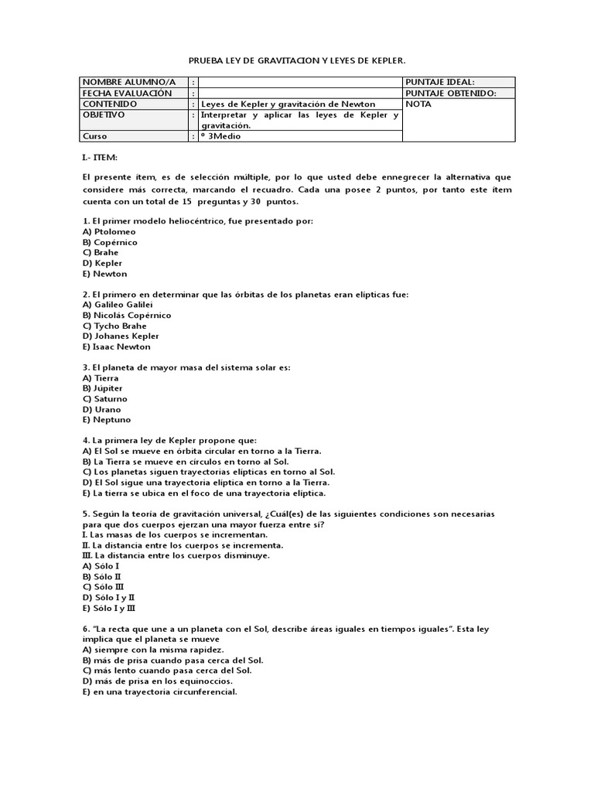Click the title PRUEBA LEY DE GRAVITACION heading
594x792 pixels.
(297, 60)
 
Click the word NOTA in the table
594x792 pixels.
(418, 104)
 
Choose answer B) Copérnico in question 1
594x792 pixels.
(111, 242)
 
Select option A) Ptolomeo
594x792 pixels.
(109, 231)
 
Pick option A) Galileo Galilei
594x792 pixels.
(118, 305)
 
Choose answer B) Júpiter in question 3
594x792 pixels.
(105, 389)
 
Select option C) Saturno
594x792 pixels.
(108, 399)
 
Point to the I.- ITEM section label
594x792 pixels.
(100, 158)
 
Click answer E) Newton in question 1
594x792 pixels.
(104, 274)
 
